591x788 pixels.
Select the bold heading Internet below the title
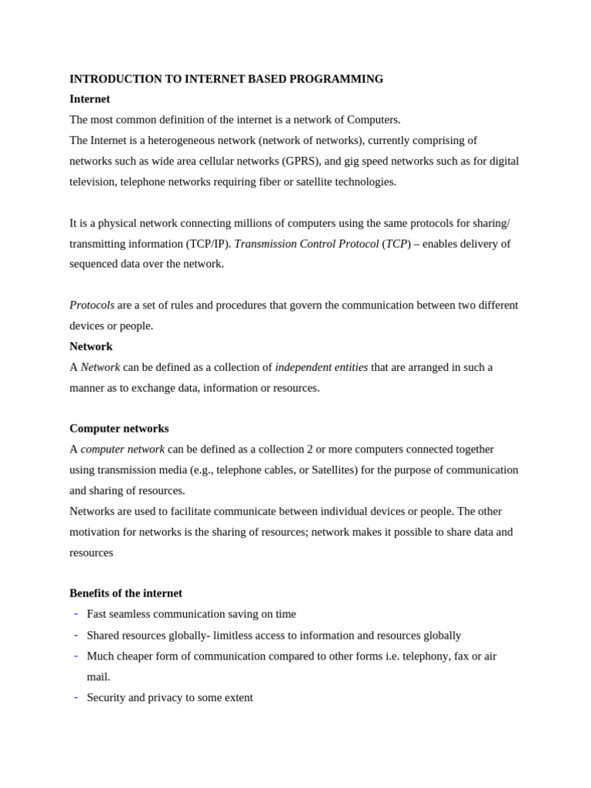pos(89,99)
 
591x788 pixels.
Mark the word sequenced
pos(95,264)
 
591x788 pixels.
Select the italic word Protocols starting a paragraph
pos(92,305)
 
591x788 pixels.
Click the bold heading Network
pos(91,346)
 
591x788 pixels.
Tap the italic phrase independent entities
pos(321,367)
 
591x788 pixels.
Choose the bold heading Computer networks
pos(119,429)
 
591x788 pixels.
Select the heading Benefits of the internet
pos(125,593)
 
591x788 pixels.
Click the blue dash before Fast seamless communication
pos(75,613)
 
